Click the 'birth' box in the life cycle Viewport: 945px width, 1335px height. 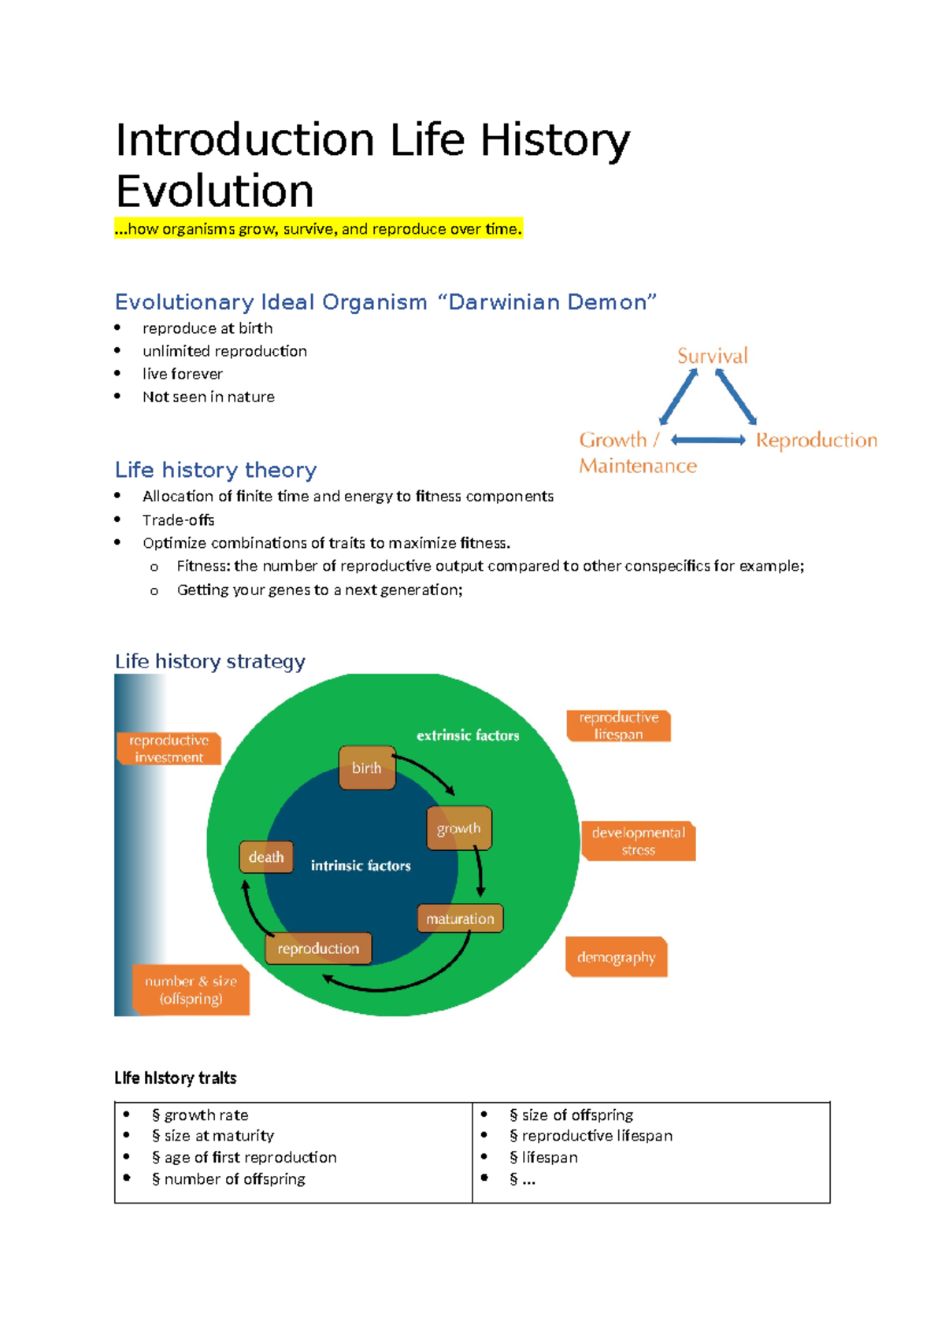point(367,767)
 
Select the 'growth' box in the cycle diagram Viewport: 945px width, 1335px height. point(459,828)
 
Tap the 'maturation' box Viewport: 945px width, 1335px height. point(460,919)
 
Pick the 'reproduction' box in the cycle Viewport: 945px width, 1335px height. point(318,949)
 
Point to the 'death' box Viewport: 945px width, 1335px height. point(266,857)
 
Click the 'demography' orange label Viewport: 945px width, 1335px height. point(616,957)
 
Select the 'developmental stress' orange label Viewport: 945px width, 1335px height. point(638,841)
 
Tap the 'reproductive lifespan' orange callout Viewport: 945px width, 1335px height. point(619,726)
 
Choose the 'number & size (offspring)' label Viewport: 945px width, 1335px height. point(191,989)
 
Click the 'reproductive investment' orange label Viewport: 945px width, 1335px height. point(169,749)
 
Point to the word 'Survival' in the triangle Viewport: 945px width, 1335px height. point(713,356)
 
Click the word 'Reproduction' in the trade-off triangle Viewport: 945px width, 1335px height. point(817,440)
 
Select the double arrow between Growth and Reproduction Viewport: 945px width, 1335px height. point(708,441)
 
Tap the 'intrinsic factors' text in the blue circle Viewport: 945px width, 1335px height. point(361,866)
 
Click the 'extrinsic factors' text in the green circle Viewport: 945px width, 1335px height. point(468,735)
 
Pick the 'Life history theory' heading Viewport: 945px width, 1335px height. point(216,470)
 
